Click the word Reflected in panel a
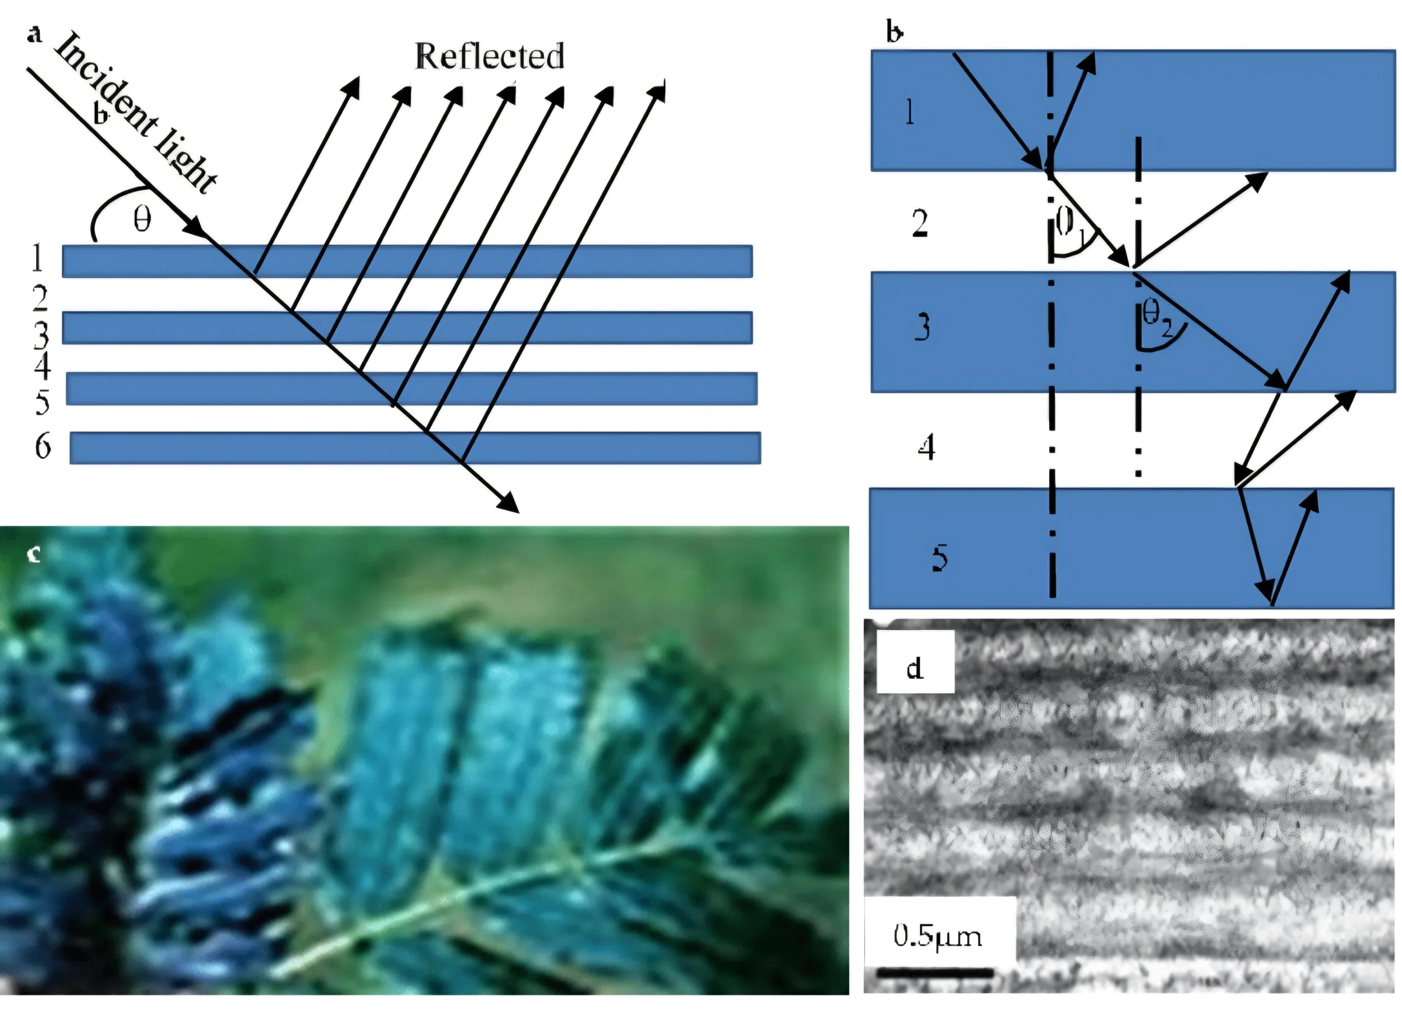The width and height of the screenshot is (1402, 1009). (490, 56)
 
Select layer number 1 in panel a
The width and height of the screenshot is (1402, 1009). (37, 259)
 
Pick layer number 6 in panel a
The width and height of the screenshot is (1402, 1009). (42, 446)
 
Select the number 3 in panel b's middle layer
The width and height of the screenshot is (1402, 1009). (922, 327)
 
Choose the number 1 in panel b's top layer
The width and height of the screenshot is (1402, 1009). (909, 113)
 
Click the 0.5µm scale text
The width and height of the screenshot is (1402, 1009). (937, 937)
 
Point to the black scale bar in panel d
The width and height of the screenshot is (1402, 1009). (935, 973)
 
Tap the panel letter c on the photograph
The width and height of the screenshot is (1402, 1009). (34, 555)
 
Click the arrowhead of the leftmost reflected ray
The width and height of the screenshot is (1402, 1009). (353, 86)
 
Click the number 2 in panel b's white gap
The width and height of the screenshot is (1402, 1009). (920, 224)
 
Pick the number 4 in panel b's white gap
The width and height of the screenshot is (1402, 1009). (926, 447)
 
